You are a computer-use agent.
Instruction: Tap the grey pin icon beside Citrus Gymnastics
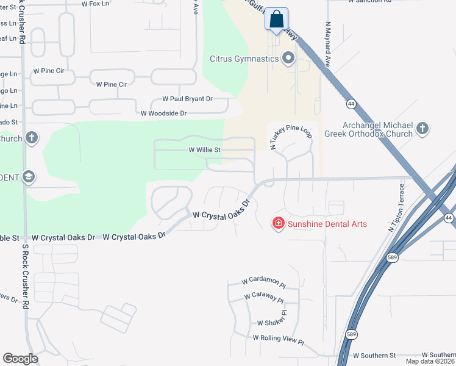[288, 59]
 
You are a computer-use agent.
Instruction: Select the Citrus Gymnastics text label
[244, 59]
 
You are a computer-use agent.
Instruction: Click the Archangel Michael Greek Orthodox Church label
[377, 129]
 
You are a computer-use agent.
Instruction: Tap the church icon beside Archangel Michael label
[422, 129]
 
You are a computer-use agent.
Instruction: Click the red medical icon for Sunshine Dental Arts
[279, 224]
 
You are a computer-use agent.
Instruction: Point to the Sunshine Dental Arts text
[327, 224]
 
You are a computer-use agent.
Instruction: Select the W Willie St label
[204, 149]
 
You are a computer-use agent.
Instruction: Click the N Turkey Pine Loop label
[291, 134]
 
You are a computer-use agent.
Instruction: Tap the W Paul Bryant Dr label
[187, 99]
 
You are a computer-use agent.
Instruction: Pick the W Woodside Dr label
[163, 113]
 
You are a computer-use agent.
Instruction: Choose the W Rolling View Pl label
[277, 338]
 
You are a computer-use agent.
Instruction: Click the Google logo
[20, 359]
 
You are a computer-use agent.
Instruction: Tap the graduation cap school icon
[28, 177]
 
